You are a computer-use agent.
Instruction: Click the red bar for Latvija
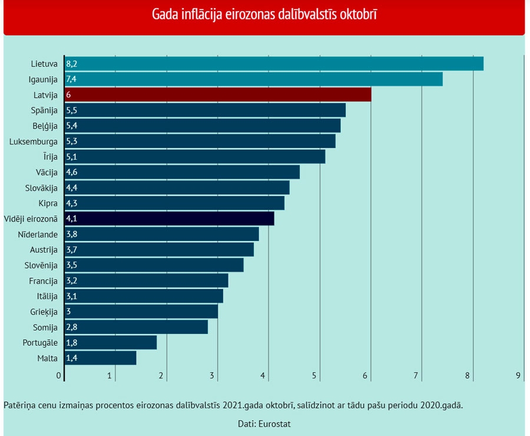coord(218,94)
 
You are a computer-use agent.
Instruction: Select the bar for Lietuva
coord(274,64)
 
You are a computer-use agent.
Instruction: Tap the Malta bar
coord(100,358)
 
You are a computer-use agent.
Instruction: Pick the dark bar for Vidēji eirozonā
coord(170,219)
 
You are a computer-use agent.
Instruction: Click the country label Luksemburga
coord(34,141)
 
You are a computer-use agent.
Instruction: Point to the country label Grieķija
coord(44,311)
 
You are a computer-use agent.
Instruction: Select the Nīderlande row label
coord(38,234)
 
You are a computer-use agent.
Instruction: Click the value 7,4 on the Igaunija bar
coord(71,79)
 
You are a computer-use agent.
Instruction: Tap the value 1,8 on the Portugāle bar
coord(71,342)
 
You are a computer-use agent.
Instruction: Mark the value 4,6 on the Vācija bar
coord(71,172)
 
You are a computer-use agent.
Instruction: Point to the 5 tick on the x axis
coord(314,375)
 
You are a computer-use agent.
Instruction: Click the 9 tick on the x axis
coord(519,375)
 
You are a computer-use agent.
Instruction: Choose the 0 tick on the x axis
coord(59,375)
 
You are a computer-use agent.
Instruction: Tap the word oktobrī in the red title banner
coord(357,14)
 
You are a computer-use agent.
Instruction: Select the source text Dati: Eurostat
coord(264,423)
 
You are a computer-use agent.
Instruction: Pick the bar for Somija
coord(136,327)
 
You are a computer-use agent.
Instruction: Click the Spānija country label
coord(44,110)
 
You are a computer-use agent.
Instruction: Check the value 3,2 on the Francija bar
coord(71,280)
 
